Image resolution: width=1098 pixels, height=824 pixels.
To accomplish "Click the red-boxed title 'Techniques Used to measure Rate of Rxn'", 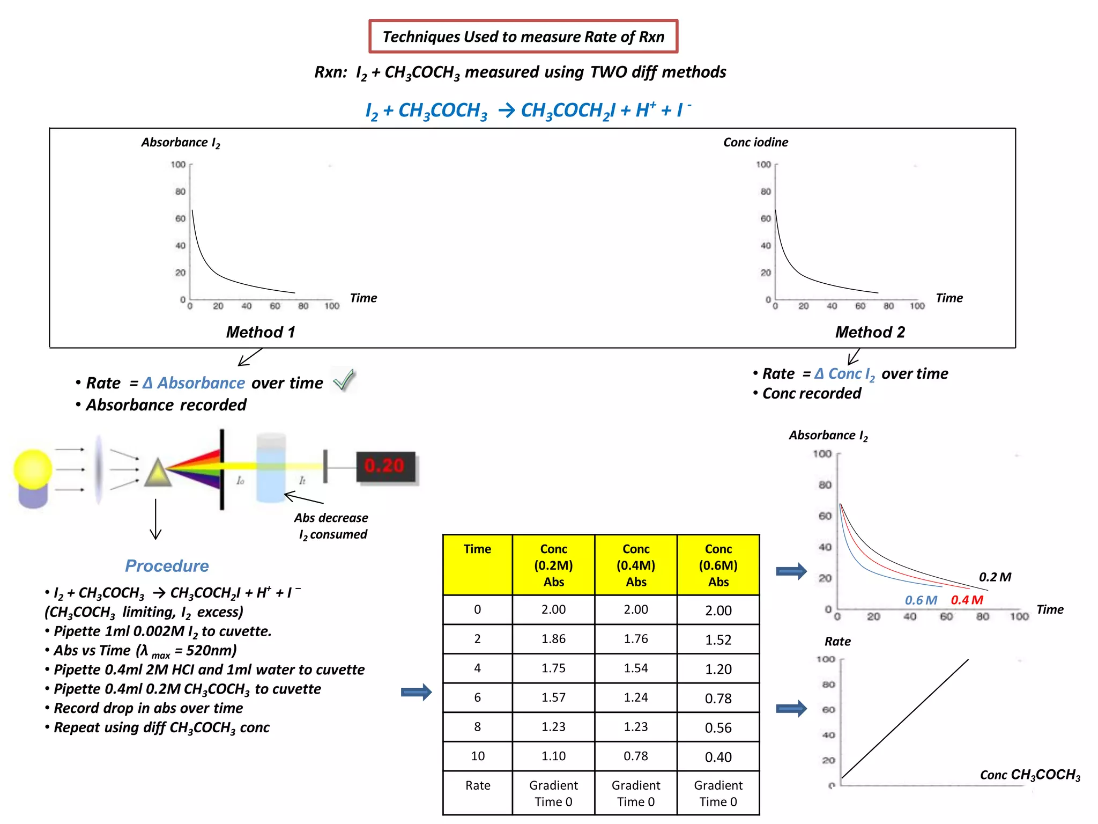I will [x=523, y=36].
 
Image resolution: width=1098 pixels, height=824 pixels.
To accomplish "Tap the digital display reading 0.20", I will [x=385, y=466].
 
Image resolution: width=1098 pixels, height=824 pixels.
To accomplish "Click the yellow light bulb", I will [x=33, y=469].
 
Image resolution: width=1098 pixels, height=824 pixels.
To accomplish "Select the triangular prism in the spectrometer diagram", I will [x=158, y=473].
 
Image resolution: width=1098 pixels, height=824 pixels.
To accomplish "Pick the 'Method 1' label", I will [x=261, y=332].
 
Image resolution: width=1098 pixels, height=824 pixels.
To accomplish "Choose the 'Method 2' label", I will [x=870, y=332].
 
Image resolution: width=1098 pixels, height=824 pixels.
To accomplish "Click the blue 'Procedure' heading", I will [x=167, y=566].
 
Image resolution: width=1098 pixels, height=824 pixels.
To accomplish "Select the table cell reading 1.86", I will [x=553, y=639].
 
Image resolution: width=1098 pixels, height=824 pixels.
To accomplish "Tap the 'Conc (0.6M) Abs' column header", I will [x=718, y=565].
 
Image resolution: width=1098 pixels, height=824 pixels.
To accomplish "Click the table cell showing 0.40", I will [x=718, y=757].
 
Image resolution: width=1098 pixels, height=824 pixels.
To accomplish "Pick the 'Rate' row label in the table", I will [x=478, y=785].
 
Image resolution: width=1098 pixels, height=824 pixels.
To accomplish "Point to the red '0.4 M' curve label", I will [x=967, y=600].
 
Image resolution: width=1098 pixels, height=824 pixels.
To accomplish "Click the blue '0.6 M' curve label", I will [x=921, y=600].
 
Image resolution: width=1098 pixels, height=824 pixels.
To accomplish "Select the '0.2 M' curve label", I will [x=995, y=577].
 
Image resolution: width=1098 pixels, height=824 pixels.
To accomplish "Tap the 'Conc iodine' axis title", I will [x=755, y=142].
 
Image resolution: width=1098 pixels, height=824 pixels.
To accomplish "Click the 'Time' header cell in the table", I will [x=477, y=549].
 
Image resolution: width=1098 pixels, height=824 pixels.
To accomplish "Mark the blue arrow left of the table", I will [x=416, y=692].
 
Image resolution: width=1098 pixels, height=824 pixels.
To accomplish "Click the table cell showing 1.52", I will [x=718, y=639].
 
